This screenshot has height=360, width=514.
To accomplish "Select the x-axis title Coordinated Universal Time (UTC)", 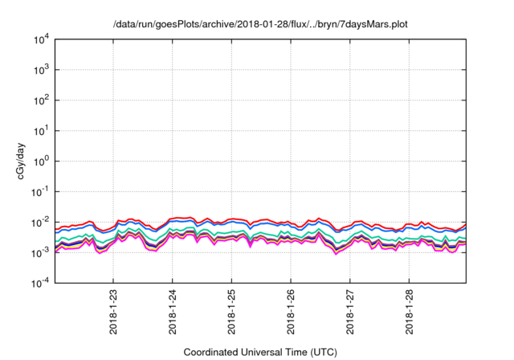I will tap(260, 352).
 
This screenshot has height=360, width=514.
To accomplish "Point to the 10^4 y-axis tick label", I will tap(42, 39).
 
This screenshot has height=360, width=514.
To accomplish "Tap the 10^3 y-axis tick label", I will tap(42, 70).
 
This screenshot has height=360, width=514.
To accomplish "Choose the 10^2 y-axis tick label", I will tap(42, 100).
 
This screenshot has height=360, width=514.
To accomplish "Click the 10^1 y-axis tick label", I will tap(42, 130).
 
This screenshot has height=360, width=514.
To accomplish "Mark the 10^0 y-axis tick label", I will tap(42, 161).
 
